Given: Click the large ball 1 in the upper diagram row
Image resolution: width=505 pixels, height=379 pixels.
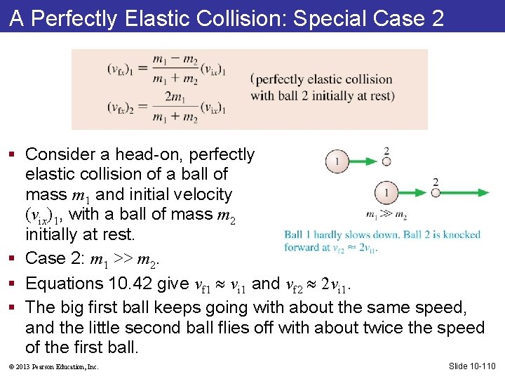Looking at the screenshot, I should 337,162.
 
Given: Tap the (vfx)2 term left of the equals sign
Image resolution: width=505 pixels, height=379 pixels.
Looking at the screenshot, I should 121,107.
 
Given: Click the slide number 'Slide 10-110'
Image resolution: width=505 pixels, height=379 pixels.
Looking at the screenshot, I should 471,366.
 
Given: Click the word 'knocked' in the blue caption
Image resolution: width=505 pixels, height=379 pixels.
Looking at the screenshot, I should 462,234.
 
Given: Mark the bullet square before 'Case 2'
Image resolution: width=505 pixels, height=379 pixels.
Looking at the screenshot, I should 15,258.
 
